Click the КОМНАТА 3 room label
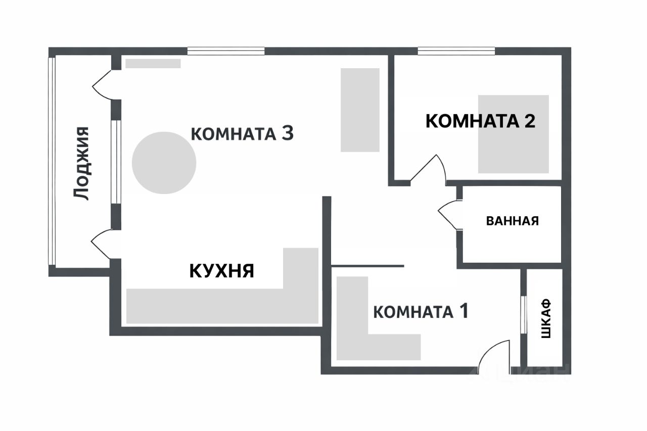pos(242,134)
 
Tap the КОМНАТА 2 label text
pos(480,121)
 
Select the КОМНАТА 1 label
pos(421,311)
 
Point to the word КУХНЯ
pos(222,271)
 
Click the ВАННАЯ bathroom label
pos(512,221)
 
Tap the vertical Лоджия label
pos(81,163)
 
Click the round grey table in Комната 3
pos(164,162)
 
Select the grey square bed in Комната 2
pos(514,134)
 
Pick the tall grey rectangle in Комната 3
pos(360,110)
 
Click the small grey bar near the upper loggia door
pos(153,64)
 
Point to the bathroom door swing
pos(448,215)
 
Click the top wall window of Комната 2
pos(456,50)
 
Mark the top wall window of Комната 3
pos(226,50)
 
